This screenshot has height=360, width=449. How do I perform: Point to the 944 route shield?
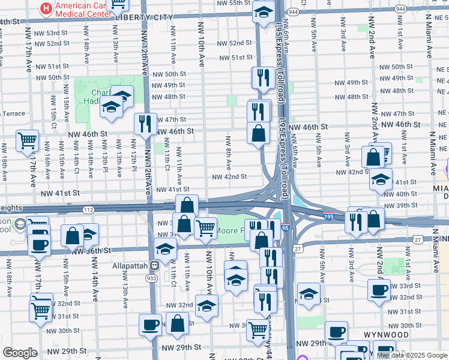tap(293, 11)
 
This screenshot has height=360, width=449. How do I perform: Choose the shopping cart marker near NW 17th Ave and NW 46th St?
tap(27, 141)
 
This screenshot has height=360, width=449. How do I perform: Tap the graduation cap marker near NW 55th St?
tap(263, 11)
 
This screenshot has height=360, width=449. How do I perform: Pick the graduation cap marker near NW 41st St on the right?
tap(381, 178)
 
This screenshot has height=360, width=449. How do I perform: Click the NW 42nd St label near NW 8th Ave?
tap(230, 176)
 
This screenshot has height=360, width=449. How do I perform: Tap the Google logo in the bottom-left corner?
tap(20, 353)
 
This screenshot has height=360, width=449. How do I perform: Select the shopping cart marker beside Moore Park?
tap(206, 227)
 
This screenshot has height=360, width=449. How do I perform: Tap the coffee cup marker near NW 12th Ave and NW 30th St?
tap(150, 325)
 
